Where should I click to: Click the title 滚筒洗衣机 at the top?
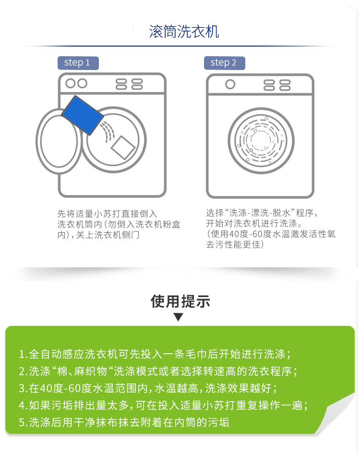[x=184, y=32]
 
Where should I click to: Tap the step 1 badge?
[x=77, y=63]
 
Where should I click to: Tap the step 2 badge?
[x=224, y=63]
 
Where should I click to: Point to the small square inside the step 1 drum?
[x=122, y=146]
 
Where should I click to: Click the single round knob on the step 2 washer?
[x=230, y=85]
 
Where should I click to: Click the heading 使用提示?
[x=180, y=301]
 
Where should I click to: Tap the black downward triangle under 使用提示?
[x=179, y=317]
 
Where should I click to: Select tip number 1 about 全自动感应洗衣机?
[x=155, y=355]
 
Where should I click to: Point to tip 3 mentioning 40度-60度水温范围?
[x=148, y=388]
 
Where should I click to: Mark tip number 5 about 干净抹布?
[x=124, y=422]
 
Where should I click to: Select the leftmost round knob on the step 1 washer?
[x=70, y=84]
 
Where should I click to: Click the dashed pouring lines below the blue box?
[x=109, y=131]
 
